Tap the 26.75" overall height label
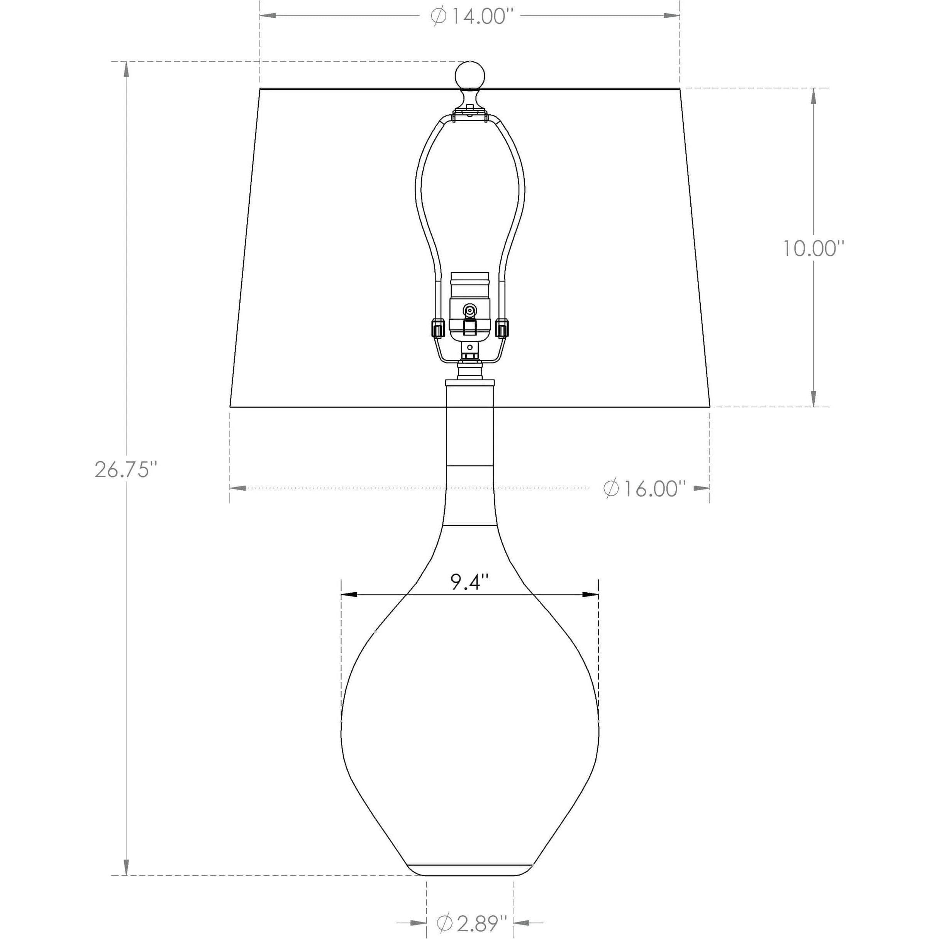126,470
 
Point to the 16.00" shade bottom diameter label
641,488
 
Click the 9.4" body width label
469,582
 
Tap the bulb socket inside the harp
469,306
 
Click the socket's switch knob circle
469,310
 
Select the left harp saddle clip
437,328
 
